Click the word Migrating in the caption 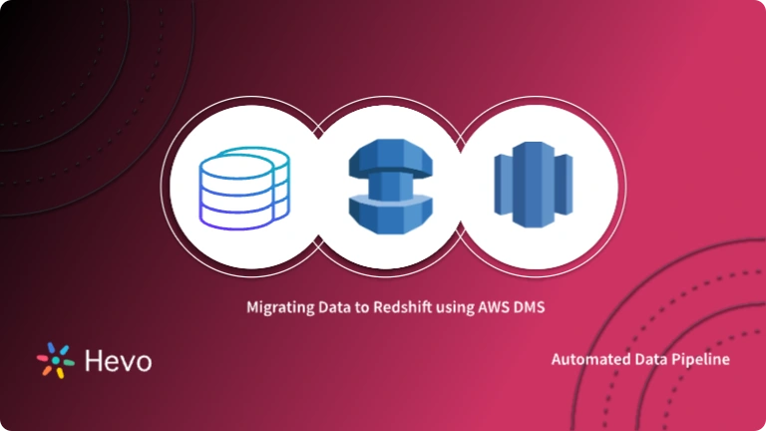click(278, 308)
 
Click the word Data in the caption click(330, 308)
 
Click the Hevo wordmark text click(118, 360)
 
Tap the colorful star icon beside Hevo click(54, 360)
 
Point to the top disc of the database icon click(243, 159)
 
